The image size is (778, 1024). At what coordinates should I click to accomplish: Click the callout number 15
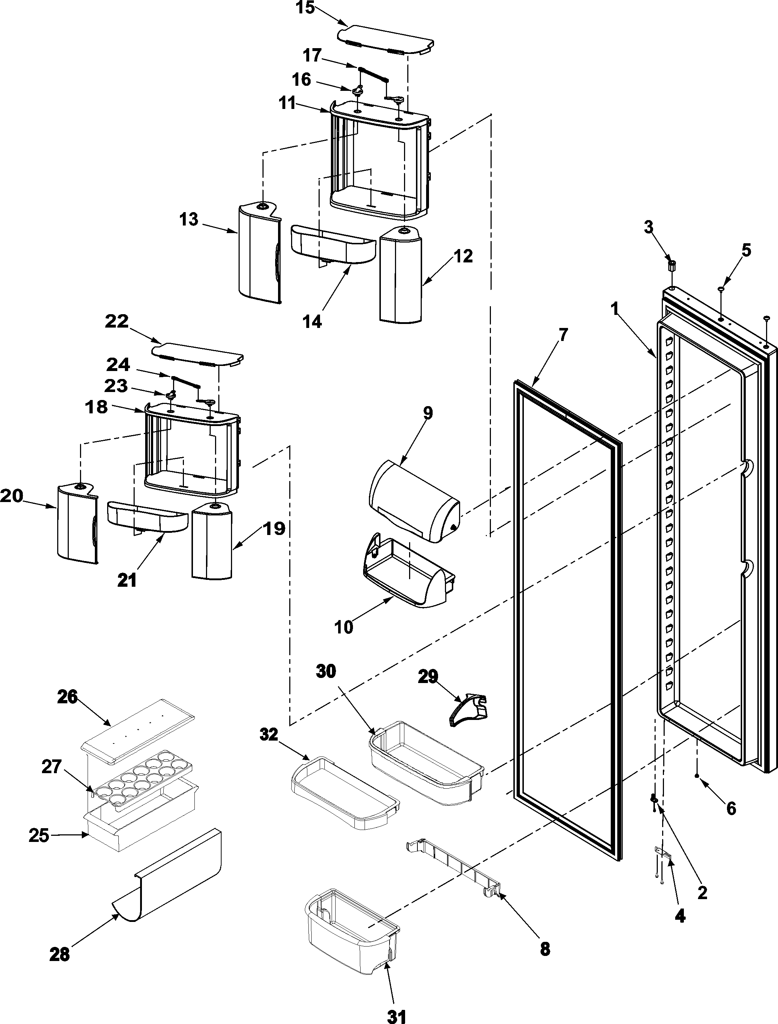coord(305,8)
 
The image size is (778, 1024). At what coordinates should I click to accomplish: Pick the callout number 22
coord(116,321)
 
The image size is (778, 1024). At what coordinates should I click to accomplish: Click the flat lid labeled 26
coord(138,731)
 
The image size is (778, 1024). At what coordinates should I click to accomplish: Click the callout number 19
coord(274,528)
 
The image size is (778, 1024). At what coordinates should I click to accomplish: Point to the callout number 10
coord(344,627)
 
